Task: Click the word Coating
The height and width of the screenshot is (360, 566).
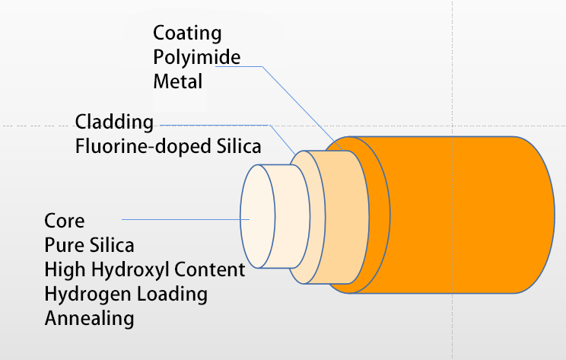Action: tap(187, 34)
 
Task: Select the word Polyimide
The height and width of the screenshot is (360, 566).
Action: tap(197, 57)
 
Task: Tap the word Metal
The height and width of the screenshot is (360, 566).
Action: tap(177, 81)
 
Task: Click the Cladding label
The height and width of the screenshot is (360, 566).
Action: tap(114, 123)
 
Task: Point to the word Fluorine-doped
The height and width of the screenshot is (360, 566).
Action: tap(143, 147)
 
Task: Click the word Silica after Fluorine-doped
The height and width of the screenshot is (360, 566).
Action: tap(239, 146)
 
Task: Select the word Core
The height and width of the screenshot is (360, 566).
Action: tap(64, 221)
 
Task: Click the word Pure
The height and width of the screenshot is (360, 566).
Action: tap(64, 245)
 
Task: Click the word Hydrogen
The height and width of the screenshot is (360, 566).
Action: tap(88, 295)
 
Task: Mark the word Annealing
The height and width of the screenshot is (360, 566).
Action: tap(90, 319)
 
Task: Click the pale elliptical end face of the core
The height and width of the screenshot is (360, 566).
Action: tap(258, 216)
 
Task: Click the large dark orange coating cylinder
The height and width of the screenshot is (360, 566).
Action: tap(451, 215)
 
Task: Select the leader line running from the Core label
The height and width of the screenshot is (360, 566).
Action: tap(186, 219)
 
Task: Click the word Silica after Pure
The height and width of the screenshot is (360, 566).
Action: tap(112, 245)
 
